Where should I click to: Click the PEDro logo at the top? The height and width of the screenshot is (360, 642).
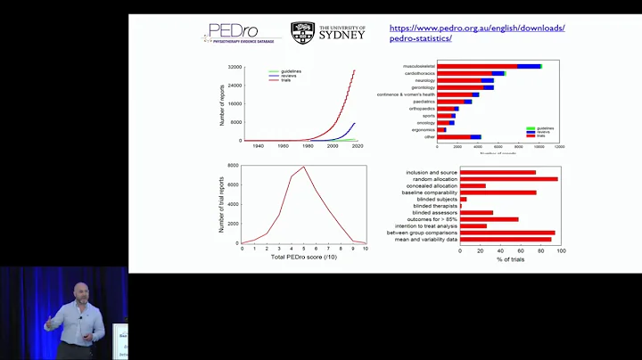pyautogui.click(x=239, y=33)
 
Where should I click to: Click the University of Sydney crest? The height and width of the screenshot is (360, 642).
pyautogui.click(x=302, y=33)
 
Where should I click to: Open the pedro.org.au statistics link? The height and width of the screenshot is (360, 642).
pyautogui.click(x=477, y=33)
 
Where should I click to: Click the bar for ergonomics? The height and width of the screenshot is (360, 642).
pyautogui.click(x=440, y=129)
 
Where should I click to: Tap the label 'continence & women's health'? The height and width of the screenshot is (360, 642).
pyautogui.click(x=405, y=94)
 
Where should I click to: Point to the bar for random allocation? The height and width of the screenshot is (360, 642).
pyautogui.click(x=508, y=179)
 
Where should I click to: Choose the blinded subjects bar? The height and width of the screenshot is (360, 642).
pyautogui.click(x=463, y=199)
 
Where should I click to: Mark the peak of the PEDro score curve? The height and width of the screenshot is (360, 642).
pyautogui.click(x=304, y=167)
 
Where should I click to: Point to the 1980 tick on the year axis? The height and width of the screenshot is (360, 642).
pyautogui.click(x=308, y=145)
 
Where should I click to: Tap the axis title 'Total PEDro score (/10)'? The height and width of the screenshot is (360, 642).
pyautogui.click(x=304, y=257)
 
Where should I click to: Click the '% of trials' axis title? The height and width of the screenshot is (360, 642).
pyautogui.click(x=510, y=258)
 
